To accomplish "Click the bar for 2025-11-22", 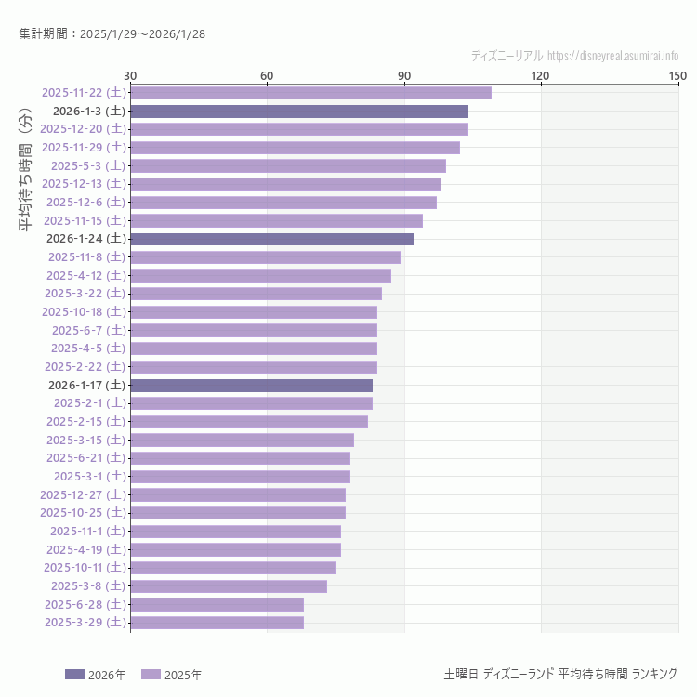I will [x=310, y=92].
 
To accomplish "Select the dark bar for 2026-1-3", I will [x=299, y=111].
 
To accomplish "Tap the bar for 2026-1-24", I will [x=271, y=239].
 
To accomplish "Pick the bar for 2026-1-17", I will [x=251, y=385].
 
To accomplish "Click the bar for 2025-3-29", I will [x=217, y=623].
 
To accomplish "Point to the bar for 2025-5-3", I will [x=288, y=165].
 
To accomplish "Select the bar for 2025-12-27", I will [x=238, y=494].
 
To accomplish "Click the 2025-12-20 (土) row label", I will [x=84, y=129].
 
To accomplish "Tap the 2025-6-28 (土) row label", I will [x=85, y=604].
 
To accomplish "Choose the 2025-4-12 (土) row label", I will [x=85, y=275].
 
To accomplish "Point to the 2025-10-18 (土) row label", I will [x=84, y=311].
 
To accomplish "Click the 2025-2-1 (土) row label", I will [x=89, y=402].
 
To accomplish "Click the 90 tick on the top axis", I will [x=404, y=75].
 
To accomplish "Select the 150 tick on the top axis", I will [x=677, y=75].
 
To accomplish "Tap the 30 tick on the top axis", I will [x=130, y=75].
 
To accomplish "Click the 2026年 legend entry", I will [x=96, y=675].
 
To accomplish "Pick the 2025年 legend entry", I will [x=172, y=675].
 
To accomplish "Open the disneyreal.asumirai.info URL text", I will [x=612, y=56].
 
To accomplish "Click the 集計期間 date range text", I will [x=112, y=34].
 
